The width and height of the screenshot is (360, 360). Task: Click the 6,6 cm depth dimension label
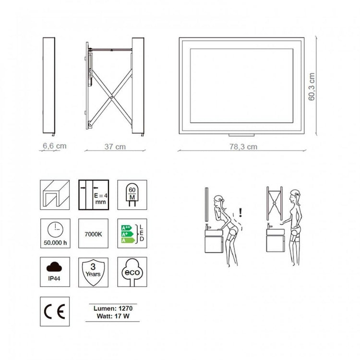coord(55,146)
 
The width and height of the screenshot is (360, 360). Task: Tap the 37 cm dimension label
coord(115,147)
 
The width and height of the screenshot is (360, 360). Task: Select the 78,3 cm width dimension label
coord(243,147)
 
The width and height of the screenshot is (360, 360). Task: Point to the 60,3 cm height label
coord(312,86)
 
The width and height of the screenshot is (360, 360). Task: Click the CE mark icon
coord(55,312)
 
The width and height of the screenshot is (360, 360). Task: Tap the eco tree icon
coord(132,272)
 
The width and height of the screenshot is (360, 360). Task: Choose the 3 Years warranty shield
coord(93,272)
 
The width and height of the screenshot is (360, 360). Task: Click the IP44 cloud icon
coord(55,272)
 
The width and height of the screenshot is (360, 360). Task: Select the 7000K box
coord(93,233)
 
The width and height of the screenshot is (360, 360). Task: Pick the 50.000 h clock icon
coord(55,233)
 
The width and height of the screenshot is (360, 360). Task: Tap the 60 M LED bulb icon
coord(132,195)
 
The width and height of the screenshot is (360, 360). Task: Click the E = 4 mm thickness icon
coord(94,195)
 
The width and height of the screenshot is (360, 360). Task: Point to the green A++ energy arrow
coord(127,228)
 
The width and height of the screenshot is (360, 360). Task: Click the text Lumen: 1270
coord(113,308)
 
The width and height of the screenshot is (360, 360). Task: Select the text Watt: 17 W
coord(113,316)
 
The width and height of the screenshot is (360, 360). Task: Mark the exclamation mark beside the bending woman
coord(240,212)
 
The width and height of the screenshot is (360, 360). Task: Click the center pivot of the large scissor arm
coord(111,97)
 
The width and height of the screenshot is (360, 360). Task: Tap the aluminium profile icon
coord(55,195)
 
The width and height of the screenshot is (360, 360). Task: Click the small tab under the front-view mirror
coord(241,135)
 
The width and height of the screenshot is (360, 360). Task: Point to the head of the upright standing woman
coord(294,196)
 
